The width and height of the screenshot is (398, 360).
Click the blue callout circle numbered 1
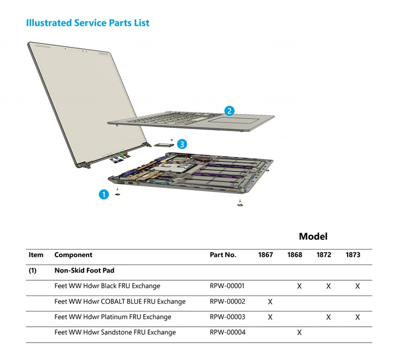103,194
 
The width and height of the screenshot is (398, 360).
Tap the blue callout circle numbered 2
230,111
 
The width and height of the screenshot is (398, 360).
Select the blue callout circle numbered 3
182,144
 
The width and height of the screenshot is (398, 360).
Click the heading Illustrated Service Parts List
88,23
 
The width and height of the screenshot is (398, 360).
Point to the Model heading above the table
313,237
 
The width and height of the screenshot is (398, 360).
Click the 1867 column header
266,255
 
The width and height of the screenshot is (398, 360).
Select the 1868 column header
295,255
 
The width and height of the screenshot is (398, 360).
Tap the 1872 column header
324,255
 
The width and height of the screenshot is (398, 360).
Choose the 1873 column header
353,255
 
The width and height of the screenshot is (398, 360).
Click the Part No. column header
223,255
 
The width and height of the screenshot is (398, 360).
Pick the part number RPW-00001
227,286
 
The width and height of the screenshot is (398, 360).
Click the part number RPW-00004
227,332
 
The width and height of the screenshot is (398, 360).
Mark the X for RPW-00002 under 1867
270,302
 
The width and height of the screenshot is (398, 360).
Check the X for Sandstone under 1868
299,333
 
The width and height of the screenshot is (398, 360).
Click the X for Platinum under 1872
329,317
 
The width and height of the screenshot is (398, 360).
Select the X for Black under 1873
358,286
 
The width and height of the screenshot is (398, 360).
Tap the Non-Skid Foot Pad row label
84,270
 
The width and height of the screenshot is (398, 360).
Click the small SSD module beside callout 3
163,145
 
